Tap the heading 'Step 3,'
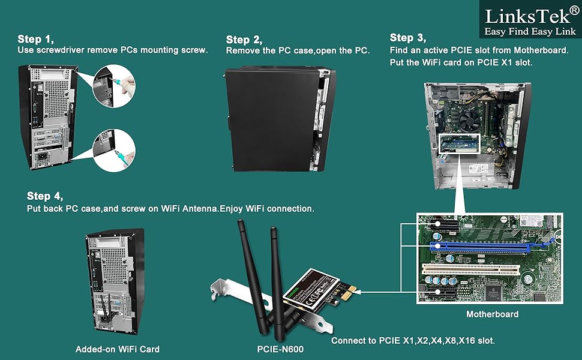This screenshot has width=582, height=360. point(410,38)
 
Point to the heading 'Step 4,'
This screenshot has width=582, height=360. point(45,196)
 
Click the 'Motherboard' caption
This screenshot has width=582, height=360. point(492,314)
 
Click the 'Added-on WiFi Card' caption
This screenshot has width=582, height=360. point(117,349)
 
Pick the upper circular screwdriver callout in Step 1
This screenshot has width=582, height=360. point(113,84)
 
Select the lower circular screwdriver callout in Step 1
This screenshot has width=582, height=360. point(113,147)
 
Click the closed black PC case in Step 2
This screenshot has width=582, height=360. point(270,120)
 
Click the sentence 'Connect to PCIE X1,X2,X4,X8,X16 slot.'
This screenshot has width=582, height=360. point(413,340)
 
